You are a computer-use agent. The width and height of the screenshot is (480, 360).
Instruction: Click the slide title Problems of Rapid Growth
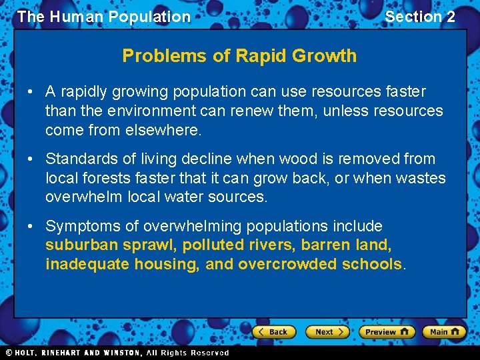(x=239, y=56)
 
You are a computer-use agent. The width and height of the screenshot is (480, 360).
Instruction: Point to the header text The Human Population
(x=104, y=17)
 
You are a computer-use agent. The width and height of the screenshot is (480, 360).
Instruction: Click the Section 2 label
(x=420, y=17)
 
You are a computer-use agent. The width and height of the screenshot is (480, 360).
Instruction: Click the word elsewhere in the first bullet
(x=163, y=130)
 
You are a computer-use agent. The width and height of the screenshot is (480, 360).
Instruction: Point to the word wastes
(x=423, y=179)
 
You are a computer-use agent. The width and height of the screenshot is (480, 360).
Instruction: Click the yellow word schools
(x=371, y=265)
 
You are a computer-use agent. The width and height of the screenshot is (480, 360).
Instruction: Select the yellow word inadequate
(x=87, y=265)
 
